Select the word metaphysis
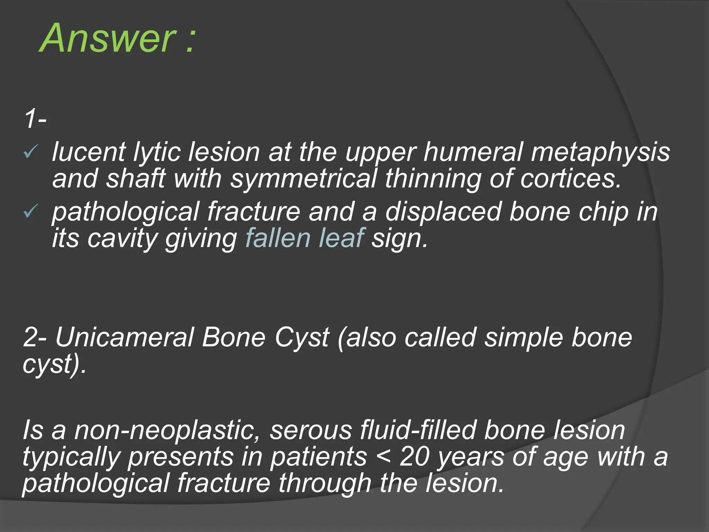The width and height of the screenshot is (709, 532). (x=600, y=152)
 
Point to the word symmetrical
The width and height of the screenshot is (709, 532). (x=303, y=179)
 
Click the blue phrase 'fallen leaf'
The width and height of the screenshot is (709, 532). (x=305, y=238)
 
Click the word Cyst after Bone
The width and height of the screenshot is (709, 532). (x=301, y=338)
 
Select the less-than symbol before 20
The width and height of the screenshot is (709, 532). (x=383, y=457)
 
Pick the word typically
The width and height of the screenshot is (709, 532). (x=71, y=457)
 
